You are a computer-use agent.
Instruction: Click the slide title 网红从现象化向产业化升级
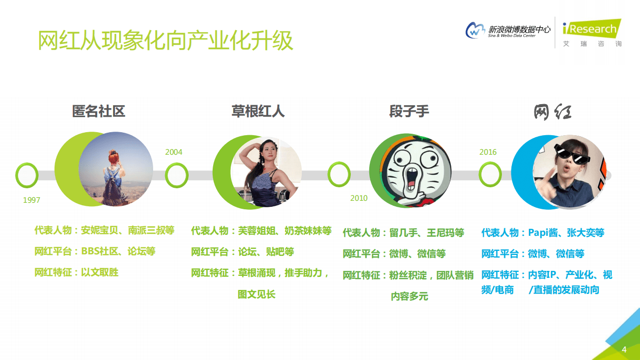click(x=166, y=41)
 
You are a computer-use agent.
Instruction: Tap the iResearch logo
click(x=591, y=33)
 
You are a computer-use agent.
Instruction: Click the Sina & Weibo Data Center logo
click(x=507, y=31)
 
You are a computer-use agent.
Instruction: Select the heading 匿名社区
click(x=99, y=111)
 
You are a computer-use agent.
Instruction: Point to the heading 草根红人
click(x=258, y=111)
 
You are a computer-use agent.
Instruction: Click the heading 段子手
click(x=409, y=111)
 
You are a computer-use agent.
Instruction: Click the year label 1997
click(x=32, y=200)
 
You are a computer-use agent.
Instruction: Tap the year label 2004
click(x=174, y=152)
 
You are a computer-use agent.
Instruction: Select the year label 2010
click(x=359, y=198)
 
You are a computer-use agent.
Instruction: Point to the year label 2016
click(x=488, y=152)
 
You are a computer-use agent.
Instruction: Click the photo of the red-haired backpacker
click(x=116, y=169)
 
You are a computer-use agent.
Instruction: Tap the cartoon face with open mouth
click(x=414, y=171)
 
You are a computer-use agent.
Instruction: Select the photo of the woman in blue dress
click(x=266, y=172)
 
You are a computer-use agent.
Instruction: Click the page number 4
click(x=623, y=349)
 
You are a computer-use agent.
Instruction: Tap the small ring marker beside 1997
click(x=27, y=175)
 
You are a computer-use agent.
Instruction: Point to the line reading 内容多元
click(x=409, y=296)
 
